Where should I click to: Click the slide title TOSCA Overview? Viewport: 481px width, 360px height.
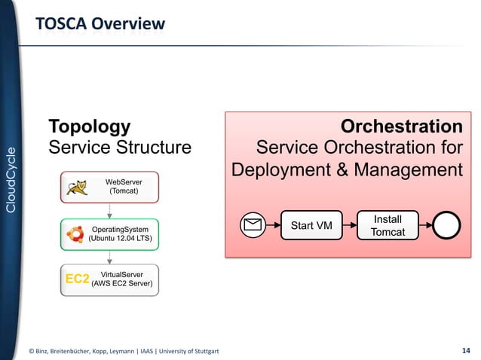click(x=99, y=25)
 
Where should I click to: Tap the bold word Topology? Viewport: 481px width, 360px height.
click(x=89, y=126)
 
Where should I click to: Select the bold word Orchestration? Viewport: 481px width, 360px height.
click(x=401, y=126)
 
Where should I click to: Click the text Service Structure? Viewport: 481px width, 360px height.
click(x=120, y=147)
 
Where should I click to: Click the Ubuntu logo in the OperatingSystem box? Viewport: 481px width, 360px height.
click(x=75, y=233)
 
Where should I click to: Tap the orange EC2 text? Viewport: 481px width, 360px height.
click(x=77, y=279)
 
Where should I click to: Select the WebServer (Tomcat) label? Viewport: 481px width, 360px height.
click(x=123, y=188)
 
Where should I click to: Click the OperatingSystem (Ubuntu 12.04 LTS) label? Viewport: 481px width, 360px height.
click(x=120, y=233)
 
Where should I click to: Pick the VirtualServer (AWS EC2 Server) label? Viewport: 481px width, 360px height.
click(x=122, y=279)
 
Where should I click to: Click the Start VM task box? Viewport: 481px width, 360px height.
click(x=311, y=224)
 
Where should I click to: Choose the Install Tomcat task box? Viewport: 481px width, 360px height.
click(x=388, y=225)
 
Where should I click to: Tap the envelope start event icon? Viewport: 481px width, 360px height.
click(x=253, y=224)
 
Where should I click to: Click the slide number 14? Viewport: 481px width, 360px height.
click(x=465, y=349)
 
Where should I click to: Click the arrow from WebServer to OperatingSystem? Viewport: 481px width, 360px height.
click(x=109, y=211)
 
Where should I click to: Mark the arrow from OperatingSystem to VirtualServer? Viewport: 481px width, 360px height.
click(x=109, y=257)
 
